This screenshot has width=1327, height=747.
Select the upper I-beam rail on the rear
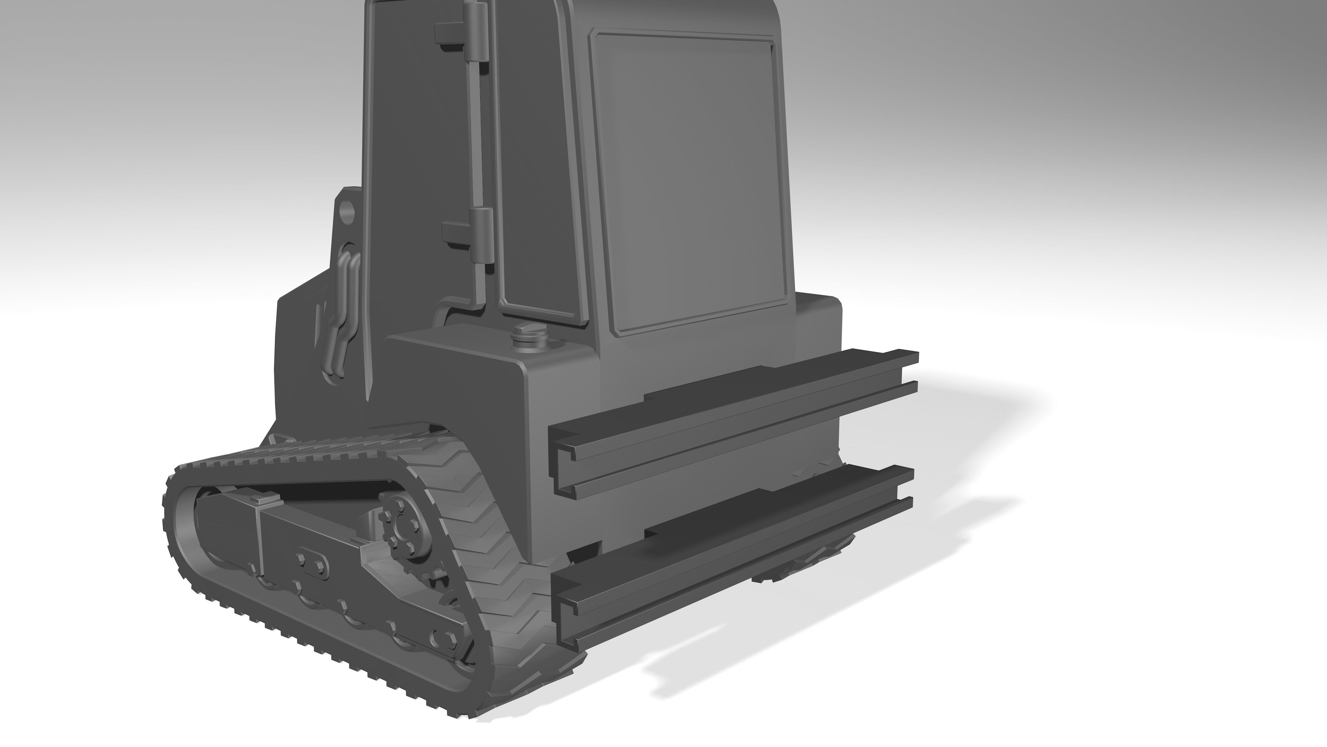click(732, 423)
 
